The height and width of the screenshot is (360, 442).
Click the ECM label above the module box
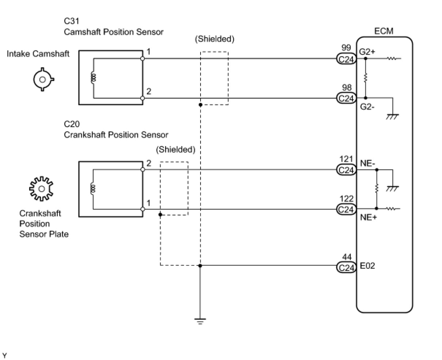(384, 31)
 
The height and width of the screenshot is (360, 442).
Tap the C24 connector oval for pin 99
(346, 59)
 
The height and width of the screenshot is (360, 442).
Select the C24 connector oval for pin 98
(346, 98)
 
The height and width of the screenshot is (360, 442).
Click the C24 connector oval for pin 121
(346, 170)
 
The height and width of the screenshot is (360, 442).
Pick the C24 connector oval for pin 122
(346, 209)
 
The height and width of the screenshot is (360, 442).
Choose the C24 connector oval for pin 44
(346, 267)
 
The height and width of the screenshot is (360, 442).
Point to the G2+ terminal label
(367, 51)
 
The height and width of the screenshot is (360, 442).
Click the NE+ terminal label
(368, 217)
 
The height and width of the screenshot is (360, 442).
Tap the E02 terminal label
(367, 266)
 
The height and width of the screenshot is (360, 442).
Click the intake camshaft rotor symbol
(43, 80)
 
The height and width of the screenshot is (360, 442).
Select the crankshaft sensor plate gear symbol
(41, 189)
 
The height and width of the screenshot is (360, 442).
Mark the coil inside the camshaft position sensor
(93, 78)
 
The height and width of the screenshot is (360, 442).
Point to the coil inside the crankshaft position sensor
(93, 189)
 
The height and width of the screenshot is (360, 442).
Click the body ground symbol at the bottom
(200, 321)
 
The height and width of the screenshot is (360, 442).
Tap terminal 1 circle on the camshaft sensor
(142, 59)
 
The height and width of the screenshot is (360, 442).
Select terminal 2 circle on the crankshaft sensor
(142, 170)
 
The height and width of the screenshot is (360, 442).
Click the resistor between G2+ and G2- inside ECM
(365, 78)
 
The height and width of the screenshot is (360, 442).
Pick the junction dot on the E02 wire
(200, 266)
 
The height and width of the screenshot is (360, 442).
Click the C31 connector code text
(72, 21)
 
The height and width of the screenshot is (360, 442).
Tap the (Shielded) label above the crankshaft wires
(176, 150)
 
